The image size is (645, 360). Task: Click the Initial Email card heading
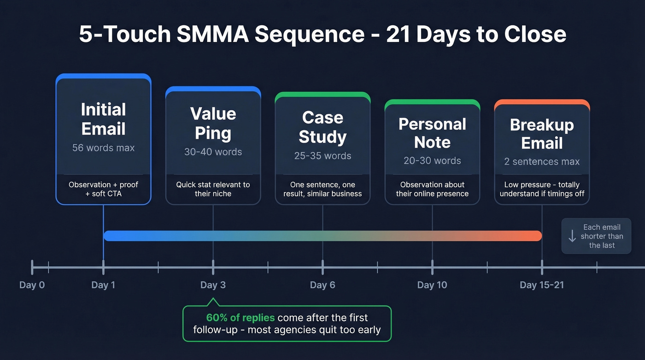click(103, 119)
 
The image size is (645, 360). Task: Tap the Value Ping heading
click(213, 123)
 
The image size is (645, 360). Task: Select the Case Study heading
click(322, 127)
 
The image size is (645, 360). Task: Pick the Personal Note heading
click(432, 133)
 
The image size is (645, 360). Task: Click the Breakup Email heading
click(542, 134)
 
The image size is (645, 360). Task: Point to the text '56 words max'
click(103, 148)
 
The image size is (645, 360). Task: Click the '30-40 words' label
click(213, 152)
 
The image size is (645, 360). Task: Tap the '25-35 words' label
click(322, 156)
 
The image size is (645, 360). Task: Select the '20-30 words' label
click(432, 160)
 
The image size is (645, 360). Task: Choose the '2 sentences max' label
click(542, 162)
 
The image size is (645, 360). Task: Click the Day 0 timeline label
click(32, 285)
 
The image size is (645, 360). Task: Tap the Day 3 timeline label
click(213, 285)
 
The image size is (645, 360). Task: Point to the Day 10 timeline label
click(432, 285)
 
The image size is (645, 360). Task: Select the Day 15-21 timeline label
click(542, 285)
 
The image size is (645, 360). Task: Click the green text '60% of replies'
click(240, 318)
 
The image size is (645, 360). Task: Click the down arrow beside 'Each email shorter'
click(572, 236)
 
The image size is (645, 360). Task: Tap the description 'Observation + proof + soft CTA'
click(103, 189)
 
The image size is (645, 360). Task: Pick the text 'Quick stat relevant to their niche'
click(213, 189)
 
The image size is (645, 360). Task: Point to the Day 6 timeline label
click(322, 285)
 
